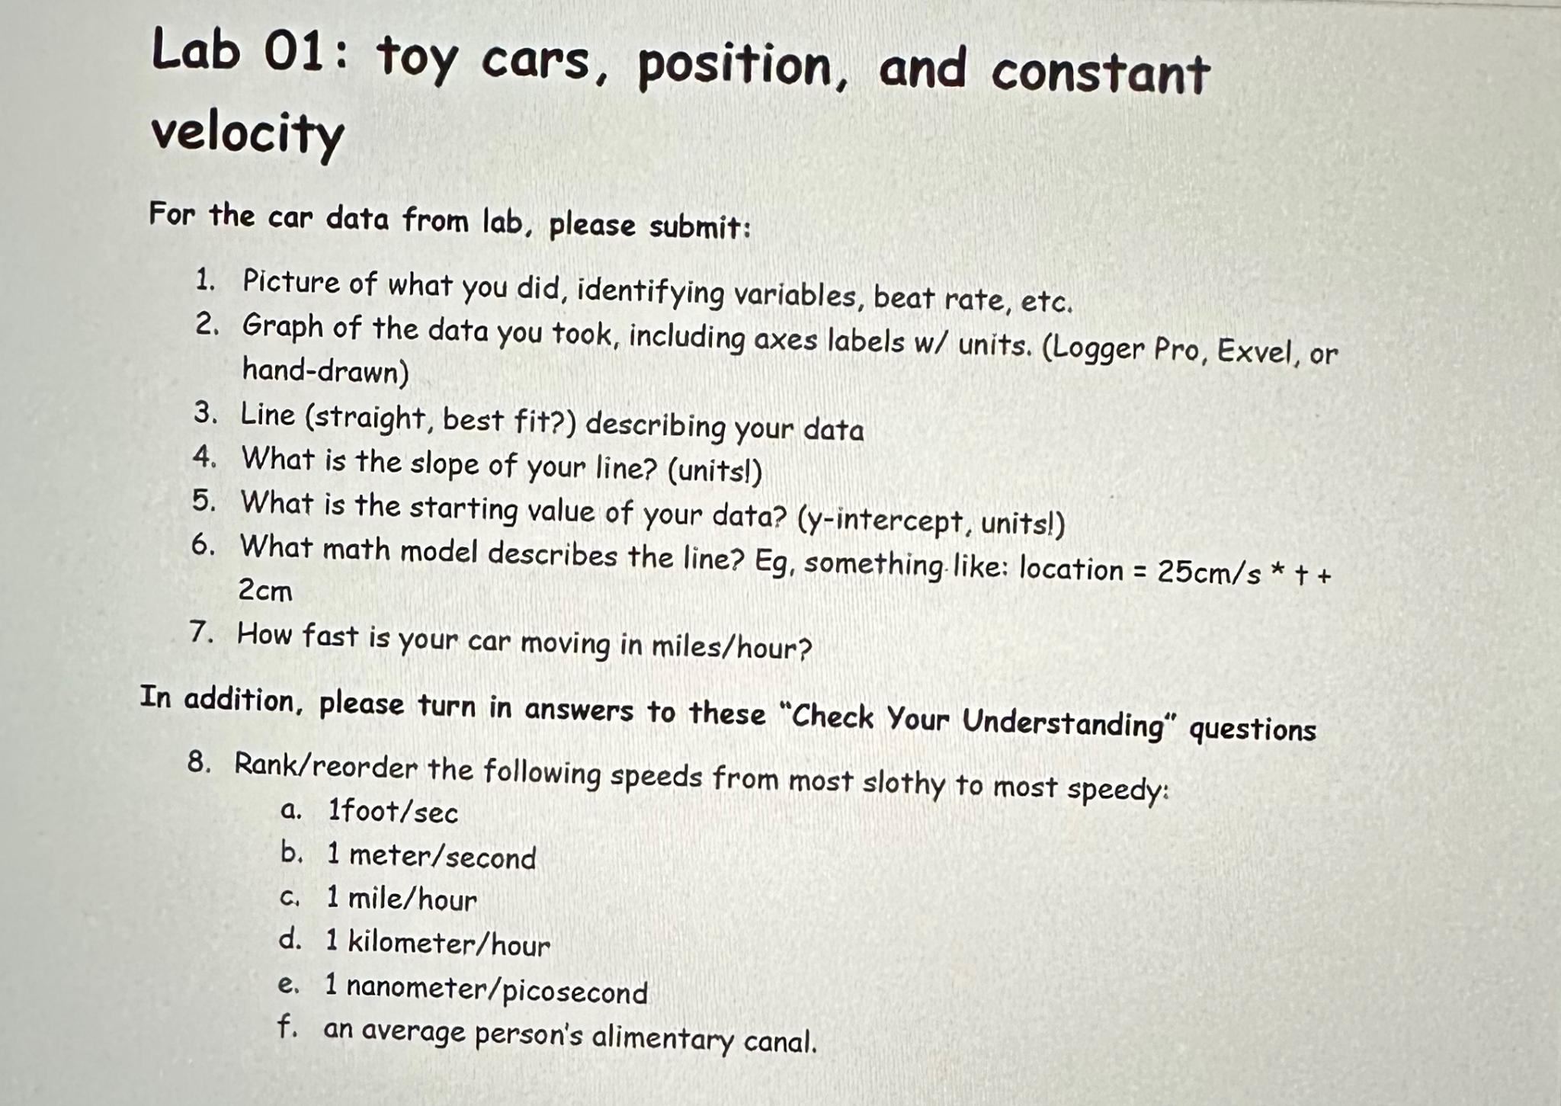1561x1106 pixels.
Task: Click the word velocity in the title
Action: (247, 134)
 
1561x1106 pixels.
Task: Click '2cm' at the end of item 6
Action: (265, 590)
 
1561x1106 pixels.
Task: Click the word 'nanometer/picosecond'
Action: (497, 989)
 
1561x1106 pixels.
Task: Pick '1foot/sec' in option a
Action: (393, 812)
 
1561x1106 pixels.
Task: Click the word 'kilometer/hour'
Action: (449, 944)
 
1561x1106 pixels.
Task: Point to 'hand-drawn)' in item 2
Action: (325, 372)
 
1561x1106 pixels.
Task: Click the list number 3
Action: (204, 414)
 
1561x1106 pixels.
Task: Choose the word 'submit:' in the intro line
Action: (700, 227)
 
